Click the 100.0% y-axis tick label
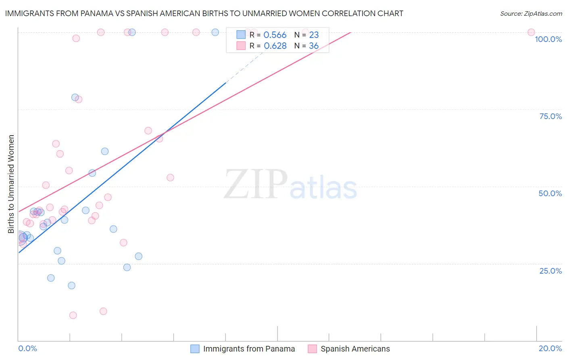pos(548,39)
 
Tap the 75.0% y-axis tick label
pos(550,116)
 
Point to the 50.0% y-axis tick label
pos(550,193)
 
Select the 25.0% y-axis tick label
pos(550,270)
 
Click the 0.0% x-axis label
pos(27,348)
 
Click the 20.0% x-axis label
pos(550,348)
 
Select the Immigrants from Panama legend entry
pos(249,349)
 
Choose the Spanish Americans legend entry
pos(355,349)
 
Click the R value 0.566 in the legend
pos(275,35)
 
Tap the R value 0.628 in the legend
pos(275,46)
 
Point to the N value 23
pos(314,35)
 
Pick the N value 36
pos(314,46)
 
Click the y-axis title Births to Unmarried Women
pos(11,184)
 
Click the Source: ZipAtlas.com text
pos(531,13)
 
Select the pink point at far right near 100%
pos(531,32)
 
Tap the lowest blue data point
pos(71,285)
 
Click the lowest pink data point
pos(73,315)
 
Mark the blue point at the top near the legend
pos(215,32)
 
